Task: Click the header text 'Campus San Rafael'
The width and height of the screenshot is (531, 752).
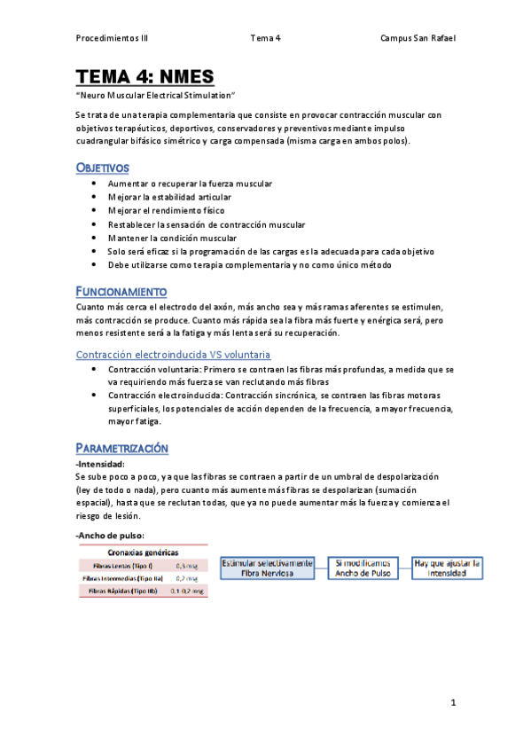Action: [x=418, y=38]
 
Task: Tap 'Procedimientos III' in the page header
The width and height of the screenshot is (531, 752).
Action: [x=113, y=38]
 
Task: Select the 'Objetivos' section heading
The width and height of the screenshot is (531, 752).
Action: [x=103, y=168]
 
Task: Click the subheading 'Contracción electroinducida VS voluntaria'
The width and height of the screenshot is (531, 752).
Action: [x=174, y=355]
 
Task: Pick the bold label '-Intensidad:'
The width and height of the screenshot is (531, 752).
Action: [x=101, y=464]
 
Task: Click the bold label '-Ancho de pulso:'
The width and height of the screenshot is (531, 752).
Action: [x=111, y=535]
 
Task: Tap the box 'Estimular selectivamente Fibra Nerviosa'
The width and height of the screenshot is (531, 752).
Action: [x=267, y=568]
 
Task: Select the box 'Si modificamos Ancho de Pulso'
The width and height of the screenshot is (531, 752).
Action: [x=363, y=568]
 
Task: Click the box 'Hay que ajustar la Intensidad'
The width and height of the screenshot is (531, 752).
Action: [x=447, y=568]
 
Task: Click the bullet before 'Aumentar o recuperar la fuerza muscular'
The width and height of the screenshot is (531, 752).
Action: [x=95, y=184]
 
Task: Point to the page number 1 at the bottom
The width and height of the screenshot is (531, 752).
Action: [x=452, y=703]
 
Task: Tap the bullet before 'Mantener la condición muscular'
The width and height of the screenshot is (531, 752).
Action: [x=95, y=238]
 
